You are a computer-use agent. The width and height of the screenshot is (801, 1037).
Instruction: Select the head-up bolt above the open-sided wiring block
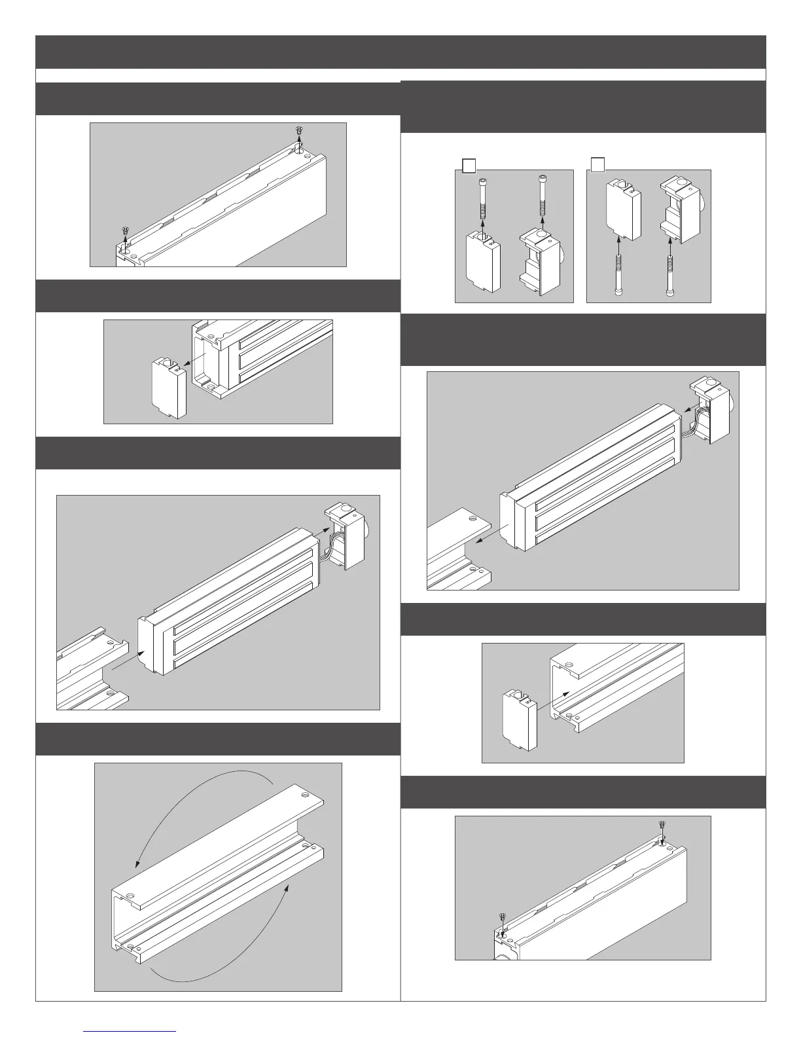(x=543, y=194)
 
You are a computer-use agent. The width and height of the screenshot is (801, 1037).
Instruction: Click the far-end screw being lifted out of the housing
(x=298, y=132)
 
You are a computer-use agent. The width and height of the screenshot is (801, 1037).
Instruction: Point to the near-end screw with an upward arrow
(x=124, y=231)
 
